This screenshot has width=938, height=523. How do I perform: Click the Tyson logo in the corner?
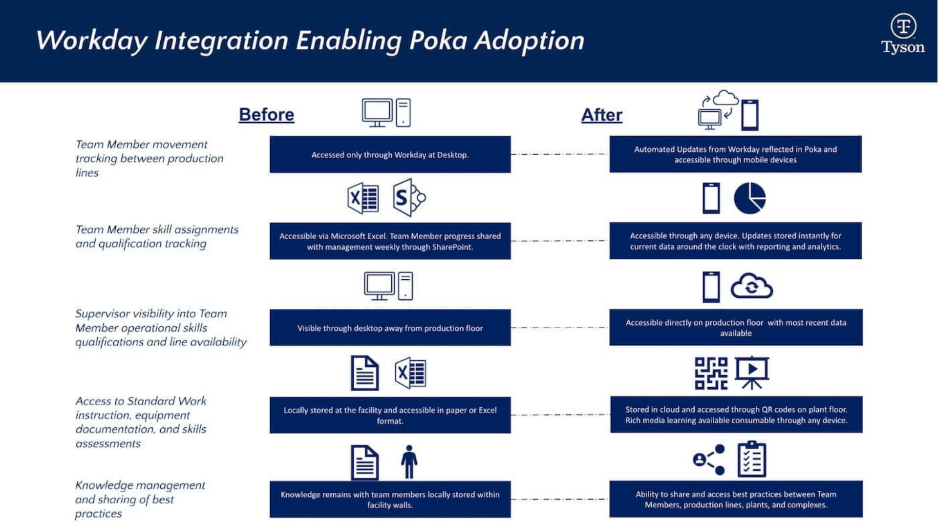click(x=902, y=33)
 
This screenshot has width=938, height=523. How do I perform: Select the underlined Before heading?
click(x=266, y=115)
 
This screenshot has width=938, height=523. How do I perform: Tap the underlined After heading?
click(x=601, y=115)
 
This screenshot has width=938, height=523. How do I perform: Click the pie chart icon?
click(x=749, y=198)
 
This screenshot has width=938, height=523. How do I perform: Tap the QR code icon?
click(x=711, y=374)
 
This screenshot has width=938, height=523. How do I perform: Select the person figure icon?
click(x=409, y=462)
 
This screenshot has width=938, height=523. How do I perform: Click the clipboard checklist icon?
click(x=752, y=460)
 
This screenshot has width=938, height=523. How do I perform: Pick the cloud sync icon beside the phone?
click(x=751, y=287)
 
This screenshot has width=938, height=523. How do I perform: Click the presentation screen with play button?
click(x=752, y=373)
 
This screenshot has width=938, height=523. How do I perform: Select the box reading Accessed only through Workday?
click(x=390, y=155)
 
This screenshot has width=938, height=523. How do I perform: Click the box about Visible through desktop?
click(x=390, y=328)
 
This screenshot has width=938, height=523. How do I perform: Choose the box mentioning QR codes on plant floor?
click(x=736, y=415)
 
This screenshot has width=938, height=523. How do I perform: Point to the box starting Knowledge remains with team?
click(x=390, y=500)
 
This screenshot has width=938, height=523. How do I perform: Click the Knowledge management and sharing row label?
click(x=140, y=499)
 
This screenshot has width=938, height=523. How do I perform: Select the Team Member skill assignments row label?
click(x=157, y=236)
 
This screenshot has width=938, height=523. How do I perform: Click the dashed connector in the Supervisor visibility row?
click(x=560, y=328)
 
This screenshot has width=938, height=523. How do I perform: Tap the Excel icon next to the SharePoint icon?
click(x=363, y=198)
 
